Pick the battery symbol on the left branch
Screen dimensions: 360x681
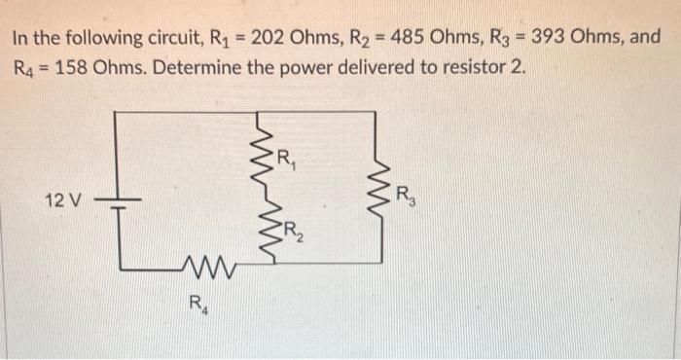pos(117,202)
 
